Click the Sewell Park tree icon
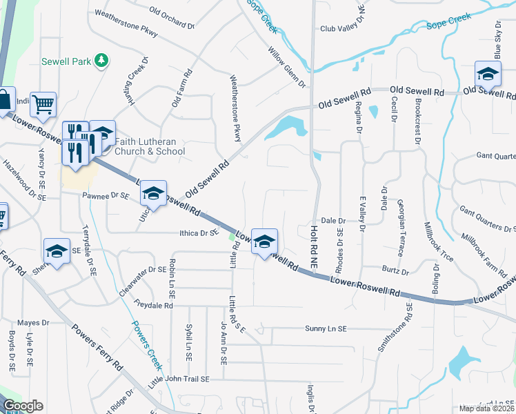coord(102,61)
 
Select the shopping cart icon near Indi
coord(43,104)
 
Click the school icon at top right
coord(488,73)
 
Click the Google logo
coord(23,406)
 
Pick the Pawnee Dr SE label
coord(106,196)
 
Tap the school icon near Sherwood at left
coord(57,250)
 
